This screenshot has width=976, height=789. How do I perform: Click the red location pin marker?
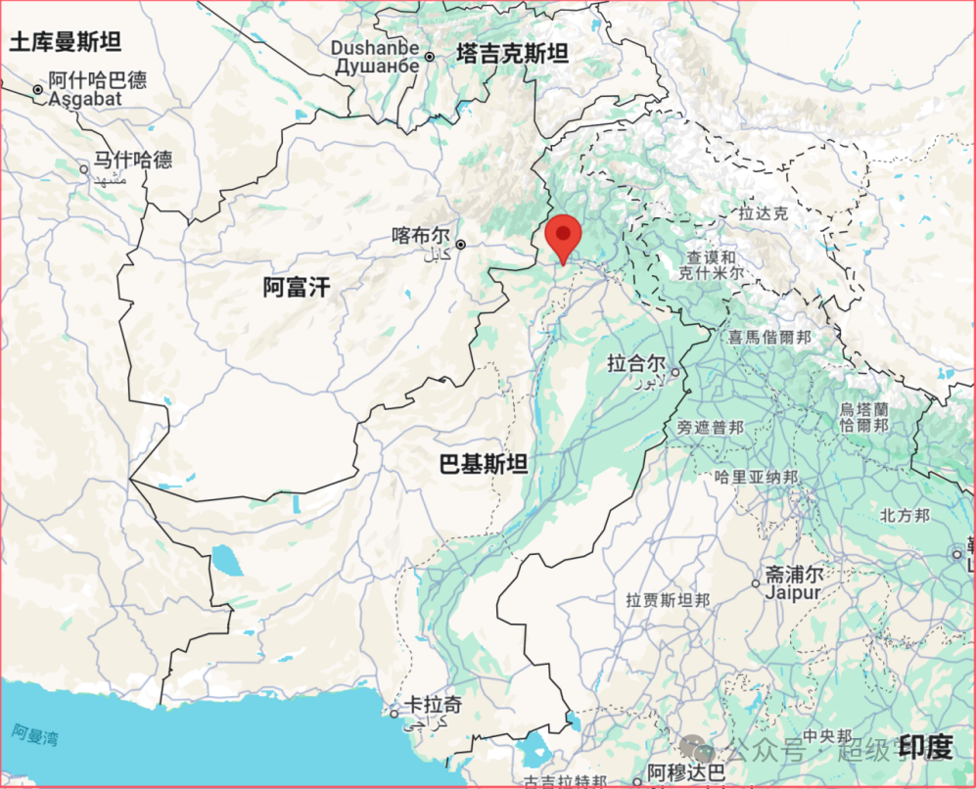[563, 236]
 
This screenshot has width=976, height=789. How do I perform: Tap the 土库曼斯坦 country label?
[65, 41]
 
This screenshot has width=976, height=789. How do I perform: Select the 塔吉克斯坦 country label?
[512, 54]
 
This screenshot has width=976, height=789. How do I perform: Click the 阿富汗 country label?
[297, 287]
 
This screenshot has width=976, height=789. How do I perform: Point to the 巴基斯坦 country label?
[483, 463]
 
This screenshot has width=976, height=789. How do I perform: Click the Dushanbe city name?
[375, 47]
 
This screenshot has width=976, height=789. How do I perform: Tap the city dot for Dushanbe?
[429, 58]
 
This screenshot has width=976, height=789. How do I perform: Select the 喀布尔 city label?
[420, 236]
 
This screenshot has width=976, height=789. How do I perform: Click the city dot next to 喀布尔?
[459, 244]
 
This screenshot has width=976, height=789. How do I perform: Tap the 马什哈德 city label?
[133, 160]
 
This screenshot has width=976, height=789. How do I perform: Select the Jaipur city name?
[793, 592]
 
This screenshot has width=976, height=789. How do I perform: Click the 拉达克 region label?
[763, 212]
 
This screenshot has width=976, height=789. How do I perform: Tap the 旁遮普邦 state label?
[710, 428]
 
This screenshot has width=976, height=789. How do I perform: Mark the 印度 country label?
[926, 748]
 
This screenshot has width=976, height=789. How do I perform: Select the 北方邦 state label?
[904, 515]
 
